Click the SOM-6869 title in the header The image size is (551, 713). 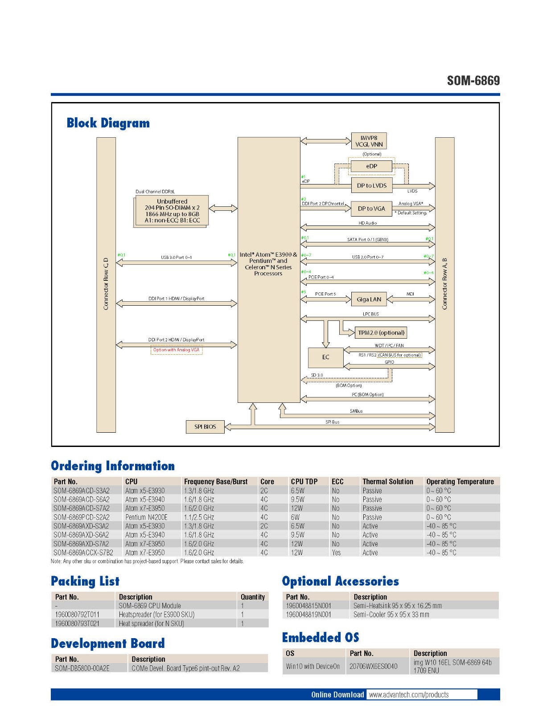coord(473,81)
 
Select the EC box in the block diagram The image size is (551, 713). coord(325,357)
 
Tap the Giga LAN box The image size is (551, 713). coord(369,299)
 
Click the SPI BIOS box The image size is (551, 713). coord(205,427)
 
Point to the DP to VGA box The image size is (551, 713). coord(371,209)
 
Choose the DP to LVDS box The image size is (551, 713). coord(371,185)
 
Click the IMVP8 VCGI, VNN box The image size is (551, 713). coord(369,141)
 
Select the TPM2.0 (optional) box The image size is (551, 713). coord(381,333)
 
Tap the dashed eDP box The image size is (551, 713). coord(371,166)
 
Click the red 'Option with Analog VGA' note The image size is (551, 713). coord(177,350)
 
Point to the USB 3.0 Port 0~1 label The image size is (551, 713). coord(176,258)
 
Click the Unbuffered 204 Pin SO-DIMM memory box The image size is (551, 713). coord(172,211)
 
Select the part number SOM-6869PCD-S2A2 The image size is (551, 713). coord(82,517)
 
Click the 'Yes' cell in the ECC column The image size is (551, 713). coord(336,553)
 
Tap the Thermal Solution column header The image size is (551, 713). coord(387,482)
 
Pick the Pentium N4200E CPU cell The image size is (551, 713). coord(146,517)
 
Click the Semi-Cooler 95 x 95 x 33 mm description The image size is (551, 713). coord(391,615)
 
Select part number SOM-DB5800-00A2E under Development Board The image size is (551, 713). coord(82,668)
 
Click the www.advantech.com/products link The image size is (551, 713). coord(409,695)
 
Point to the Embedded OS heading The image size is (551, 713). coord(320,638)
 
